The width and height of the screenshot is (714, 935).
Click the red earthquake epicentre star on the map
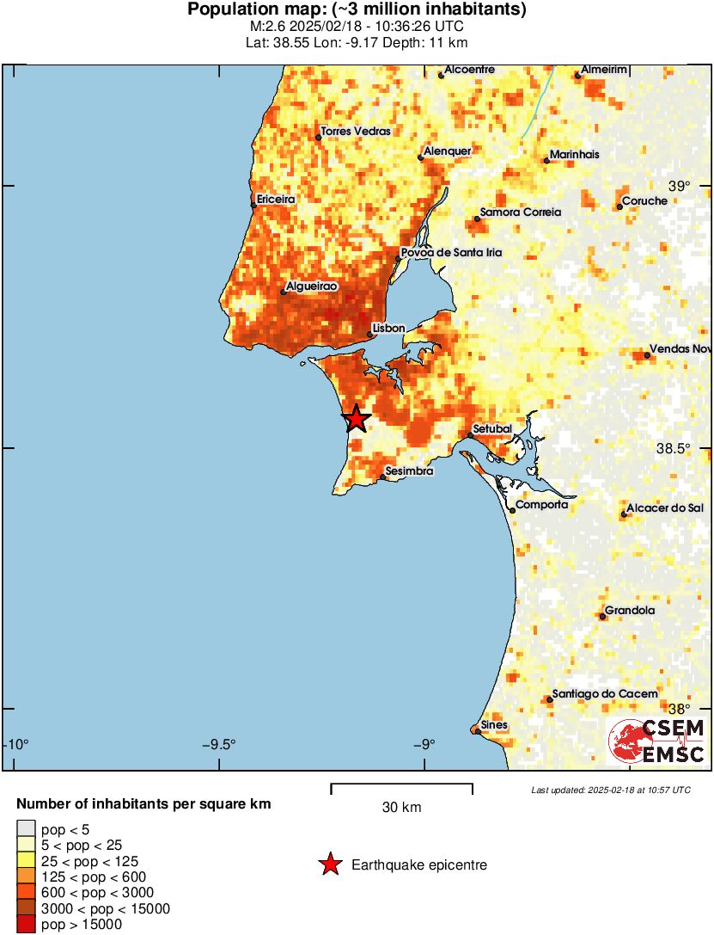tap(356, 419)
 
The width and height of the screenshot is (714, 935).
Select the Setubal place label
tap(493, 428)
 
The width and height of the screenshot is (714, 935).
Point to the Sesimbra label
tap(409, 471)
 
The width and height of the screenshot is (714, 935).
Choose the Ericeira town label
tap(276, 199)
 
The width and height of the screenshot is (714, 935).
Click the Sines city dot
tap(477, 731)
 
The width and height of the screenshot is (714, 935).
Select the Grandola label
tap(630, 611)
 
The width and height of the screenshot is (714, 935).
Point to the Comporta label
tap(542, 505)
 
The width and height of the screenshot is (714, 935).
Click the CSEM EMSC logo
tap(656, 741)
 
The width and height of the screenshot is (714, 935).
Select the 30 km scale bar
tap(402, 785)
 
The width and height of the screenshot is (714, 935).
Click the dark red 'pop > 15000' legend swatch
tap(26, 925)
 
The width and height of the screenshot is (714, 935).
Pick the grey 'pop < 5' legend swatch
tap(26, 829)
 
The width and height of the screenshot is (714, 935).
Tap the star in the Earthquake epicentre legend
tap(329, 865)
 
